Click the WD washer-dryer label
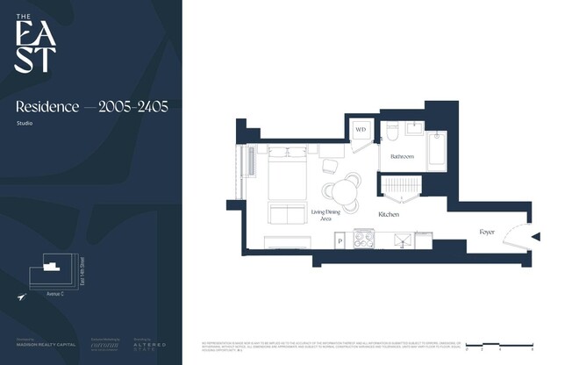click(x=361, y=131)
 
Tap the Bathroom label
click(x=402, y=156)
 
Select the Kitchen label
click(x=389, y=214)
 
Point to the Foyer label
click(x=487, y=233)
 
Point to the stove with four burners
click(x=364, y=238)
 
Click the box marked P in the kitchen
click(x=340, y=240)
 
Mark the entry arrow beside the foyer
click(x=536, y=237)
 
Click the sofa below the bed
click(x=287, y=214)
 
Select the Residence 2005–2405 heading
click(x=91, y=106)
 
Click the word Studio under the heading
click(x=25, y=124)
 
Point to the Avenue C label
click(x=57, y=294)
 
